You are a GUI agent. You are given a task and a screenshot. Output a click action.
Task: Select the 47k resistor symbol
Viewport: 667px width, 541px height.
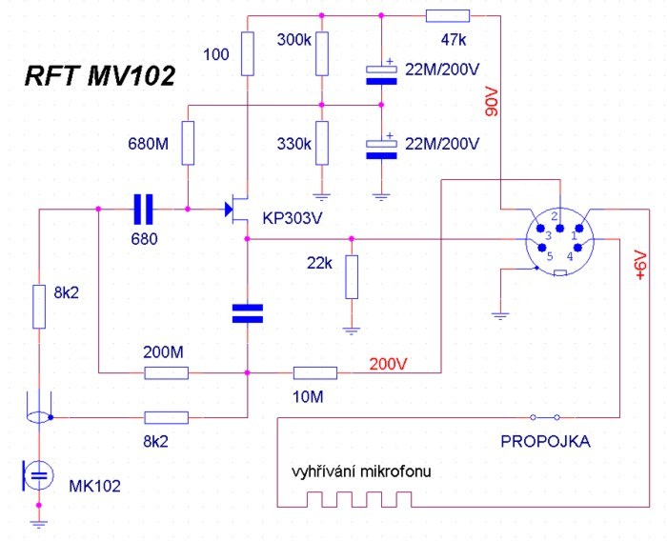[447, 15]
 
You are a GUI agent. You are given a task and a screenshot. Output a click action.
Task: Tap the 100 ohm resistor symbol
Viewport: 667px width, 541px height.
[247, 53]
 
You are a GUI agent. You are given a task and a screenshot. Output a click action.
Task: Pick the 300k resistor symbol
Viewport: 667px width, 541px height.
[322, 53]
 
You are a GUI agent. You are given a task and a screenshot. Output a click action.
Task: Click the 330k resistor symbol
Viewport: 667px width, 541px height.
[322, 144]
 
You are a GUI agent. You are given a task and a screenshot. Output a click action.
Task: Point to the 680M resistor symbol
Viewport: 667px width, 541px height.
[188, 144]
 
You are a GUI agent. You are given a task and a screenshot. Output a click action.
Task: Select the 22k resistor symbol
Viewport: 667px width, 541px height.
[352, 276]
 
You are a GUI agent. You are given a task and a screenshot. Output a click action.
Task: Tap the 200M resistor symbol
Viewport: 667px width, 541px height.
[166, 372]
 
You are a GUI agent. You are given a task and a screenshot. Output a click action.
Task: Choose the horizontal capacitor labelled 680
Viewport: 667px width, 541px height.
[143, 207]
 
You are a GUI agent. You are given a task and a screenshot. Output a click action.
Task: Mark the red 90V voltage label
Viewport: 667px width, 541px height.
[493, 99]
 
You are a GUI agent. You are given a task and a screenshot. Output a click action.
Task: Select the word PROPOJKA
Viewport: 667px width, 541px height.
[545, 442]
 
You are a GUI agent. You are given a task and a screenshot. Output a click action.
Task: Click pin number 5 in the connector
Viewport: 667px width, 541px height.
[548, 255]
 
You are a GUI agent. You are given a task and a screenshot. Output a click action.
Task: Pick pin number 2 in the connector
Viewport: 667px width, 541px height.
[555, 215]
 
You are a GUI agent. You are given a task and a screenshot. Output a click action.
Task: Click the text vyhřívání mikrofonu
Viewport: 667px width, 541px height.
[366, 473]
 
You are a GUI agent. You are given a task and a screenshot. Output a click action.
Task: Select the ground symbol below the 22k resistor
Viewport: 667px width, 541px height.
[352, 329]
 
